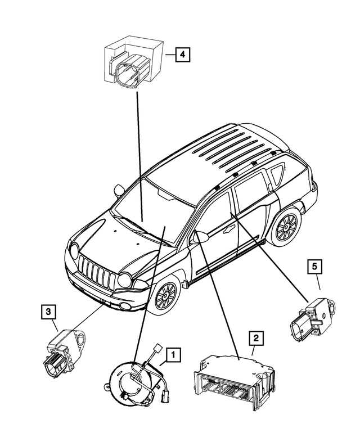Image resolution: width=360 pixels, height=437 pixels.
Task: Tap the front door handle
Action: point(229,229)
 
